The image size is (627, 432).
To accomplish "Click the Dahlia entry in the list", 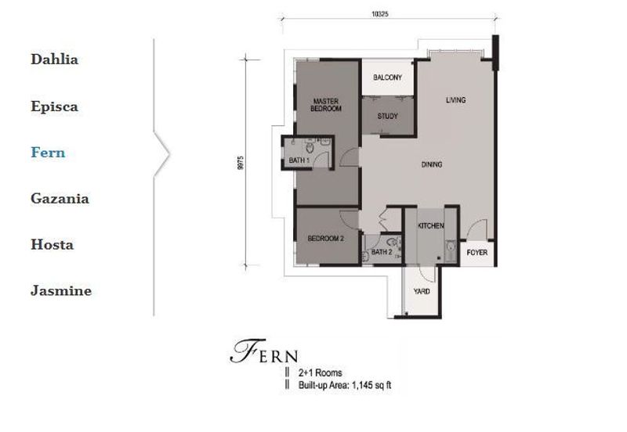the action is click(54, 59).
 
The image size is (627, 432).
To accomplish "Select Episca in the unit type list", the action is click(54, 106).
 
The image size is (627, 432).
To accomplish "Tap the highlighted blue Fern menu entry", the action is click(48, 153).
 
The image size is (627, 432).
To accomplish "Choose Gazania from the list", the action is click(60, 199).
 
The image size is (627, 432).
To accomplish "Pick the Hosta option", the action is click(53, 244).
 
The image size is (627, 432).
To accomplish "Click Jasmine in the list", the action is click(61, 290).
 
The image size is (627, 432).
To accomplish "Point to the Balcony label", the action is click(387, 77).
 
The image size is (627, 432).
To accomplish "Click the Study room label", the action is click(387, 116).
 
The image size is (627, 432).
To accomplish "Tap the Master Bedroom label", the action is click(326, 105).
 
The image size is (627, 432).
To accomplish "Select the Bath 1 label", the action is click(299, 160).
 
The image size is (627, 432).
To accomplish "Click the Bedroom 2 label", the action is click(325, 239).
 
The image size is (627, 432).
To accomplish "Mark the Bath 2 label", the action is click(382, 252).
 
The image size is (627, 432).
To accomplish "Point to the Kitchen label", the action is click(430, 225).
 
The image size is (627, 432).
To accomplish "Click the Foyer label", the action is click(477, 252).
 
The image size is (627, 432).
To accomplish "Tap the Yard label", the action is click(422, 291).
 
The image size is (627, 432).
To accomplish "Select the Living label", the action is click(456, 100).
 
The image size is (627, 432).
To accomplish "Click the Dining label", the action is click(432, 164).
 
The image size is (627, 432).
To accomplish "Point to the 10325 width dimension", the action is click(380, 14).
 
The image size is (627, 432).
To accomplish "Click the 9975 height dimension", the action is click(241, 163).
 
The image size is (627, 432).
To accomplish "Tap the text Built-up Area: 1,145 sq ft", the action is click(345, 385).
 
